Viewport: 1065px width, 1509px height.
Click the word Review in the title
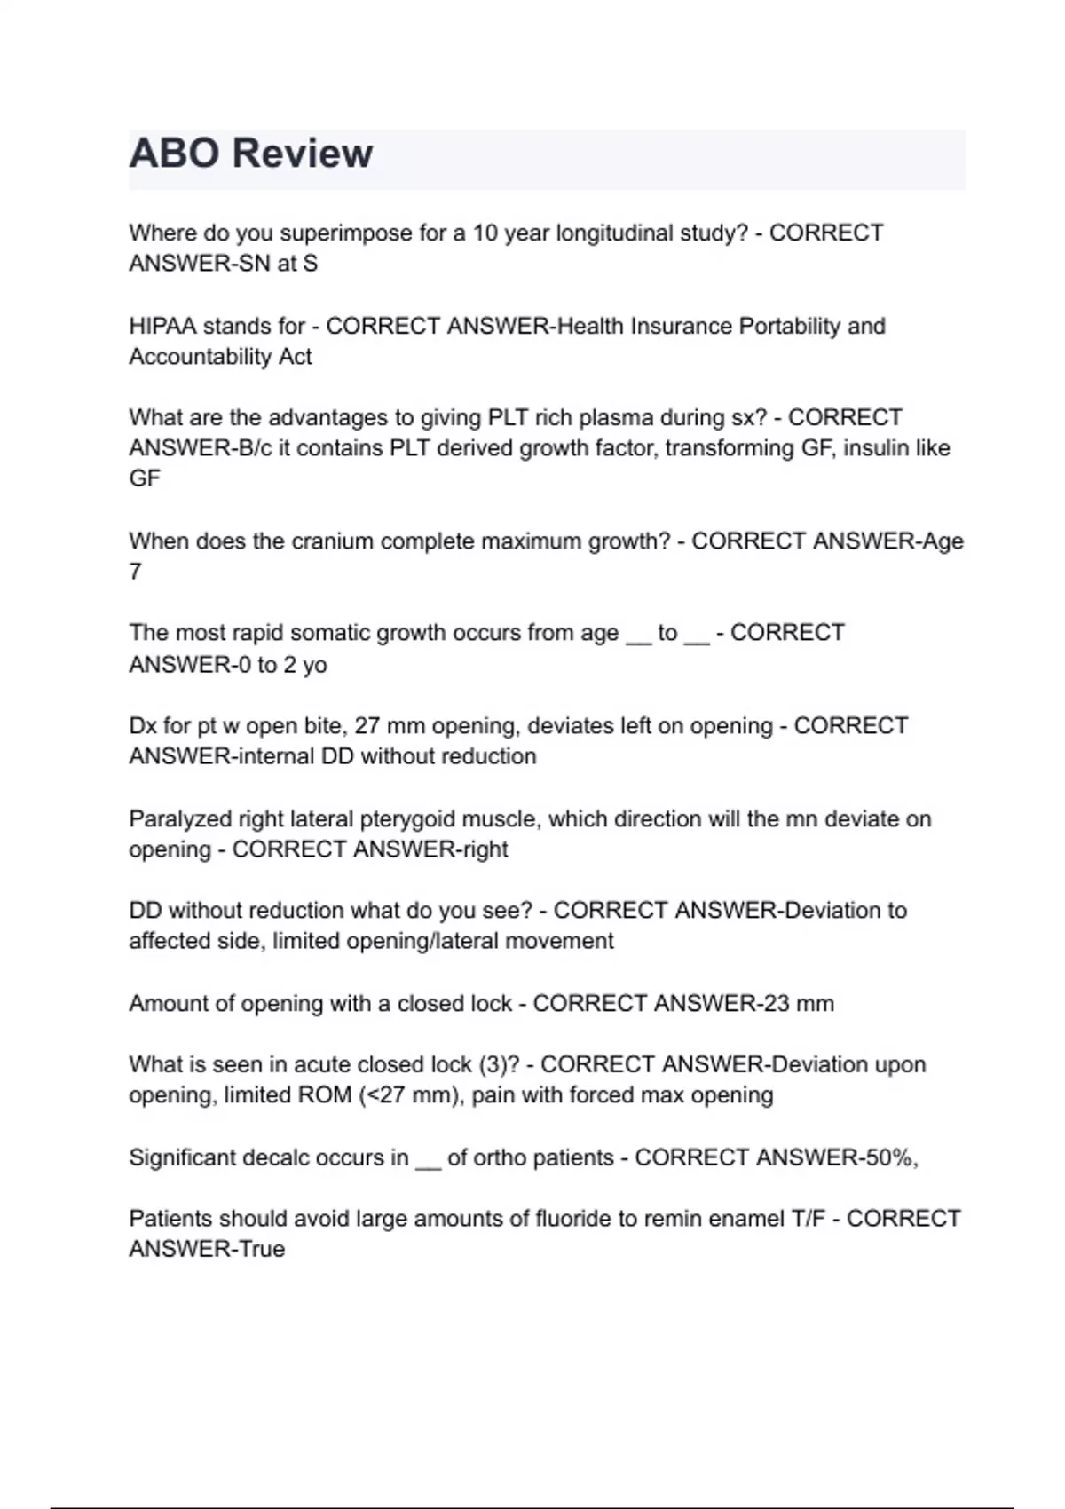click(x=303, y=153)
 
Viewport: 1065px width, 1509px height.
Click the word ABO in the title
click(x=174, y=153)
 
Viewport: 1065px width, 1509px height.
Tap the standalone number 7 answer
click(x=135, y=572)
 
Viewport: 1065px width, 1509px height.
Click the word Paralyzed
click(x=179, y=818)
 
